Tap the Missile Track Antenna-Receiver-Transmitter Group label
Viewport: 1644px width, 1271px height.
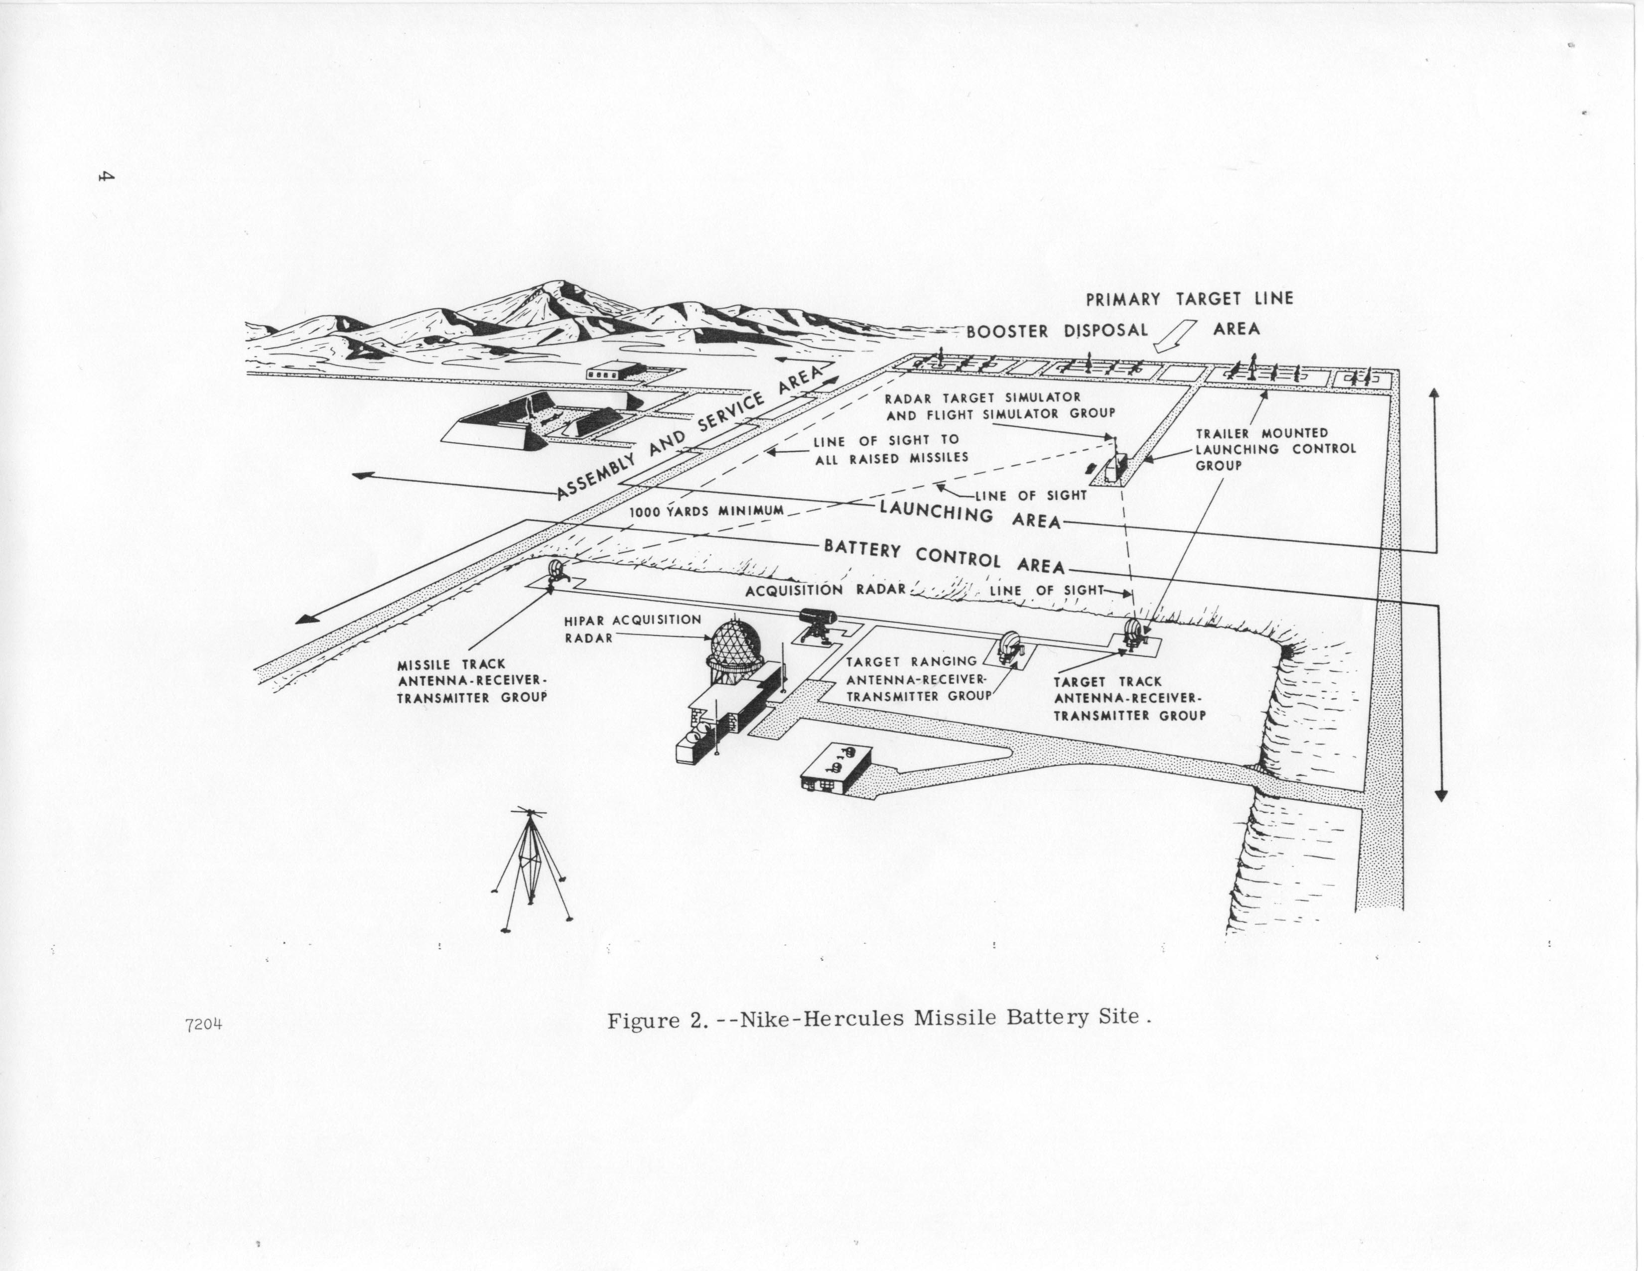(472, 681)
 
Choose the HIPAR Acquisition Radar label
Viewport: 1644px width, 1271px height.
(632, 629)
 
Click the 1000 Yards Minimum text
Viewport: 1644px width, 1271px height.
(707, 511)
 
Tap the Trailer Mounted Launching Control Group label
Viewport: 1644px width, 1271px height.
(1275, 449)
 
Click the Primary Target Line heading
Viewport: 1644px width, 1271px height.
(1189, 299)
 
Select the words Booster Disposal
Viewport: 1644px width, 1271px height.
(1058, 330)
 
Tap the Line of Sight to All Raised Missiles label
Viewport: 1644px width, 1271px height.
(891, 449)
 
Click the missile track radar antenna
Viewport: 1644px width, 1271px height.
(557, 572)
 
